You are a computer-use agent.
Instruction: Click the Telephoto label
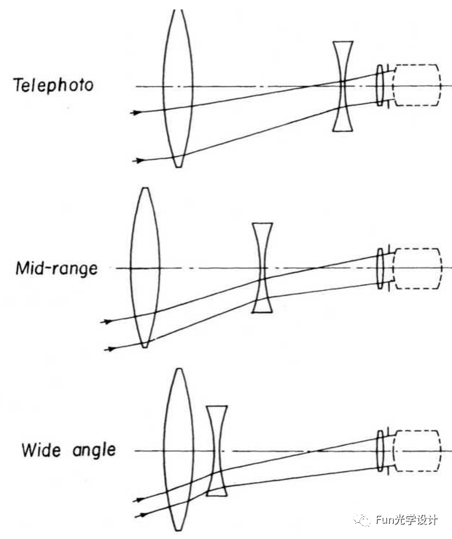coord(53,85)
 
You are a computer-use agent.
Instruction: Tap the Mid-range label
coord(56,268)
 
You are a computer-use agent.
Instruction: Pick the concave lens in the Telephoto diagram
coord(343,86)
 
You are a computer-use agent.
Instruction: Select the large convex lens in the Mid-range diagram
coord(145,268)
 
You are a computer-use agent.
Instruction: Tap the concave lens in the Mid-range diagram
coord(262,268)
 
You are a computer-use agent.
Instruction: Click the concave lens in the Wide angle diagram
coord(216,450)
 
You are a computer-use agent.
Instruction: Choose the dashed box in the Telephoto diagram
coord(417,86)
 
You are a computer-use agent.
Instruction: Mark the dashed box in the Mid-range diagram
coord(418,268)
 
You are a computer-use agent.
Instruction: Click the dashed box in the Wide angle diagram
coord(418,450)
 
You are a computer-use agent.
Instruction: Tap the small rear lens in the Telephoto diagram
coord(380,86)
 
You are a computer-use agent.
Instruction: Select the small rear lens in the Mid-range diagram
coord(380,268)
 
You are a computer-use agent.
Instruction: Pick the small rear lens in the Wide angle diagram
coord(380,450)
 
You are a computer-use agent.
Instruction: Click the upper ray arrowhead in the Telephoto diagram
coord(134,112)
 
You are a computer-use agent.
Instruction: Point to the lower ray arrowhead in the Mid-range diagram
coord(111,349)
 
